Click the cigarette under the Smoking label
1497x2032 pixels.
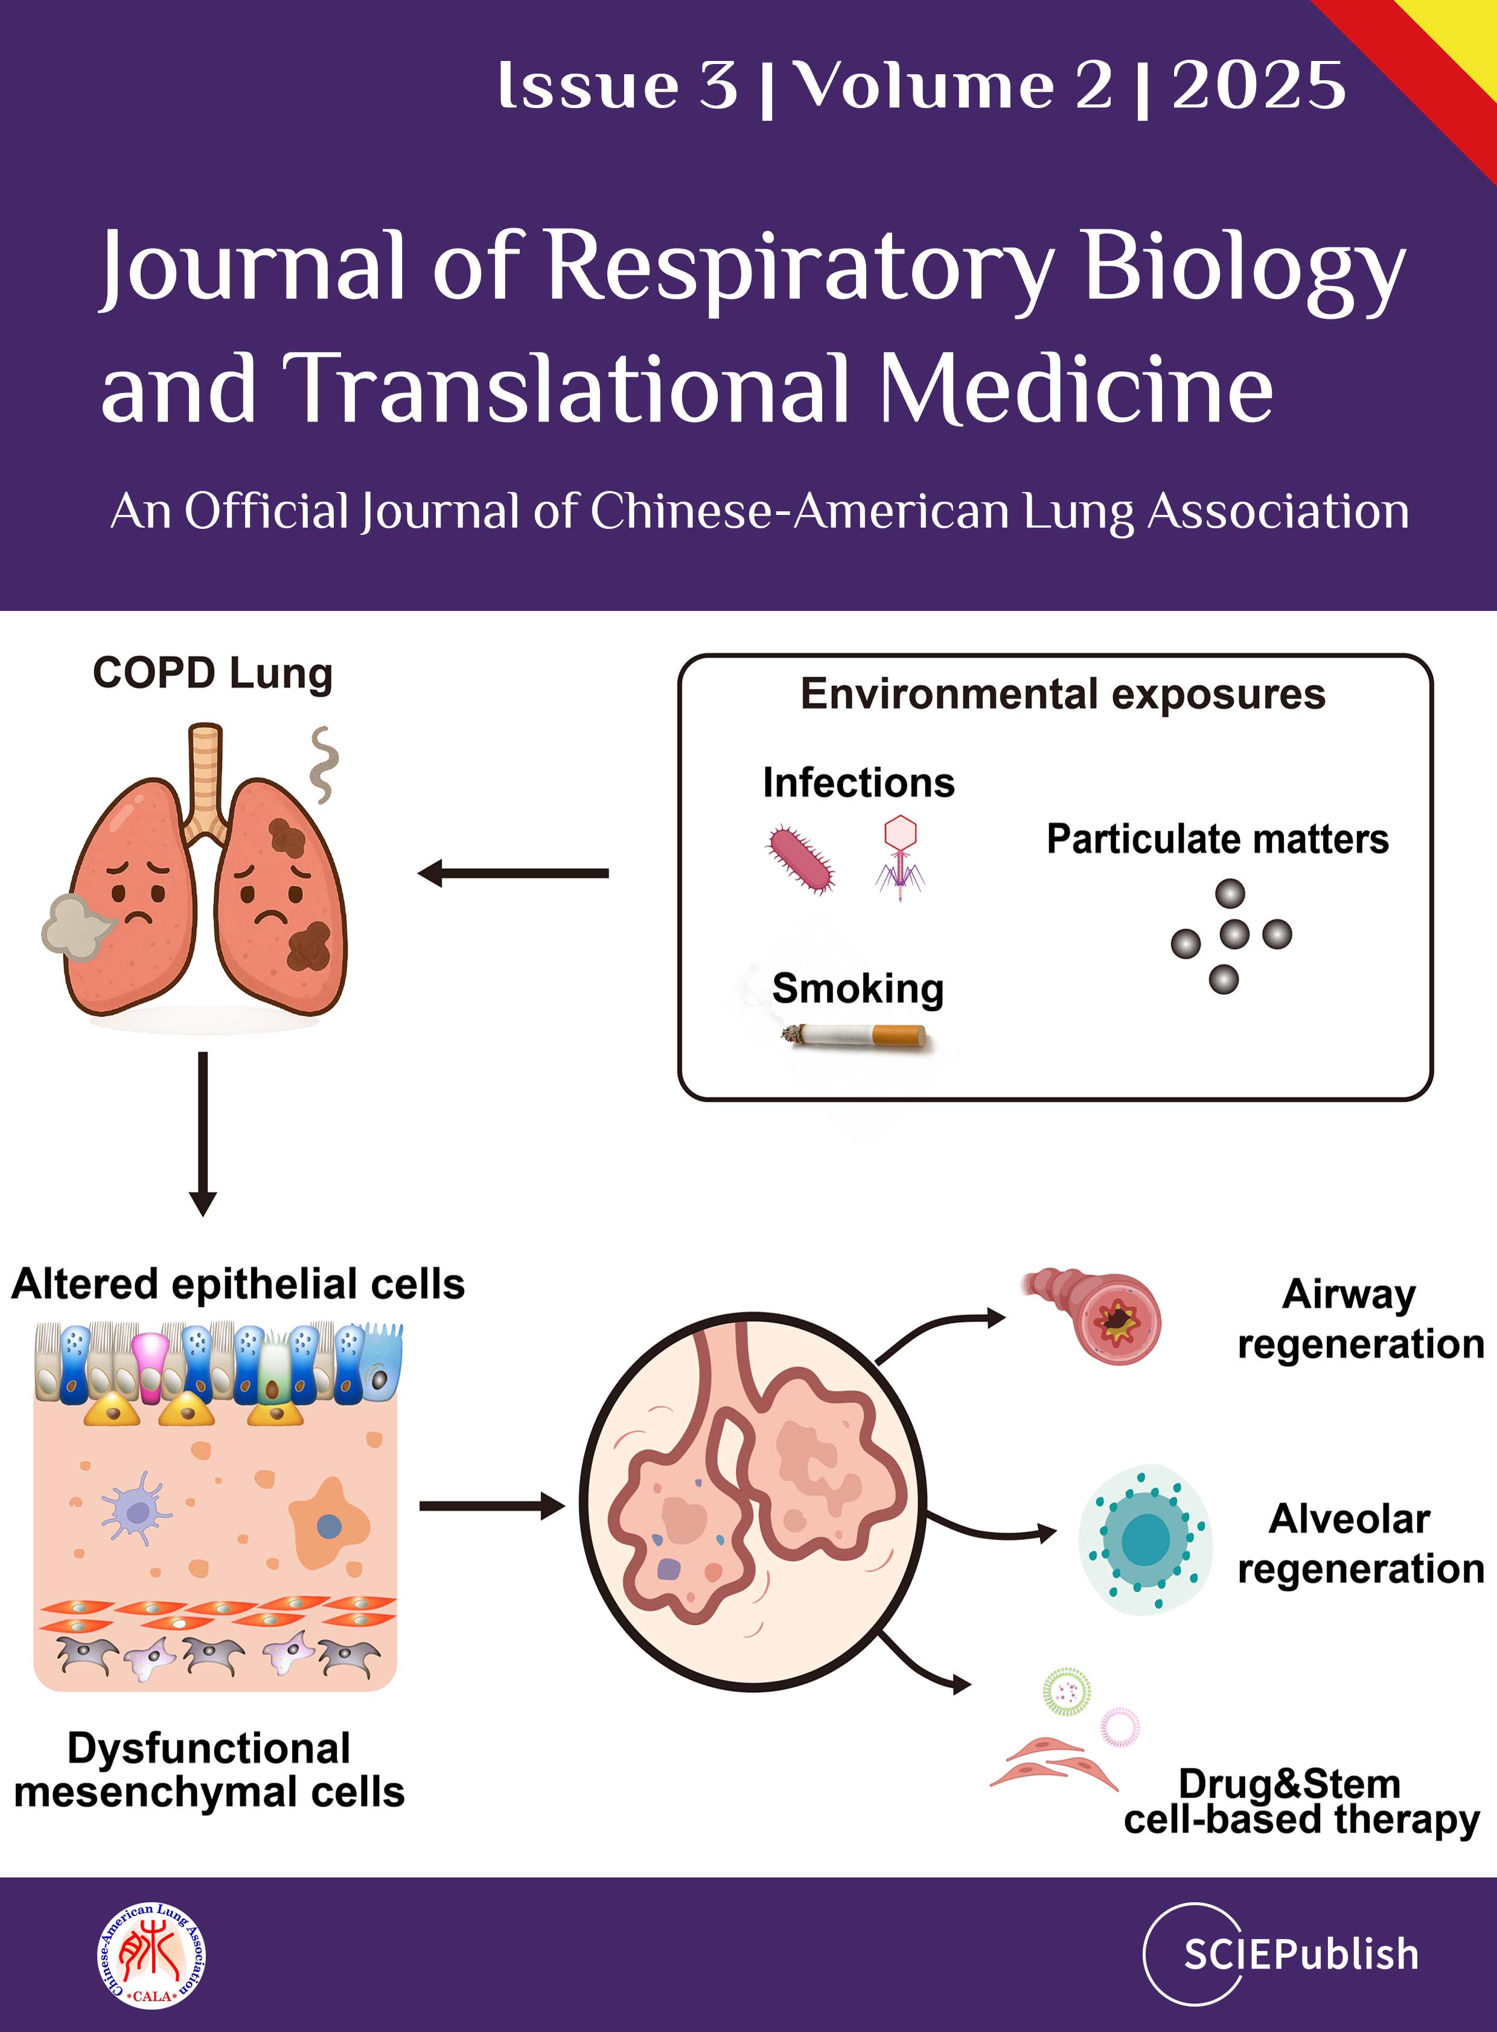coord(857,1035)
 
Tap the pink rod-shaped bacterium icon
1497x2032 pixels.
coord(801,858)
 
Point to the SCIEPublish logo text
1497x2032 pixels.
coord(1300,1954)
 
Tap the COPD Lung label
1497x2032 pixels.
coord(213,673)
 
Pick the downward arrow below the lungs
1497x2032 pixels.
coord(203,1133)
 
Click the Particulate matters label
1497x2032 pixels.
coord(1217,839)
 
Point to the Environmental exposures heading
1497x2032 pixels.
coord(1062,694)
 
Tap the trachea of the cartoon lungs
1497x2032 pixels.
coord(206,775)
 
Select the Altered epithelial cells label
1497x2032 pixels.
coord(238,1284)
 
